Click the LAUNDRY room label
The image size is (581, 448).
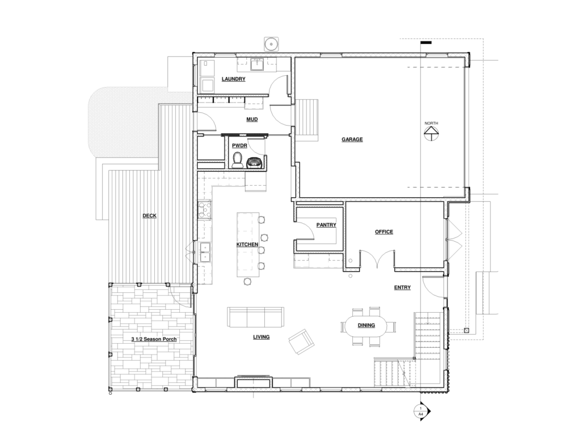point(233,79)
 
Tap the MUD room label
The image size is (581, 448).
point(252,119)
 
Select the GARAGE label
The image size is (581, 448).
point(352,139)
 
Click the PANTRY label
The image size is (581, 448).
point(326,225)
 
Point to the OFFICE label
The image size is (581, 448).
point(384,232)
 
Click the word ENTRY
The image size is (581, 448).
point(402,288)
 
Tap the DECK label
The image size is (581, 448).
point(149,216)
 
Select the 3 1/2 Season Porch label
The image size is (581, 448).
point(154,339)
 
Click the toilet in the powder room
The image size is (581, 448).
point(237,160)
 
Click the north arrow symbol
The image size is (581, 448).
point(431,134)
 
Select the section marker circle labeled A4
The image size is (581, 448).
point(421,411)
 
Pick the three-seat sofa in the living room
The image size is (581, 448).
point(256,317)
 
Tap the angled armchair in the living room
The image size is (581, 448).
point(302,342)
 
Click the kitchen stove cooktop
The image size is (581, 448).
point(204,210)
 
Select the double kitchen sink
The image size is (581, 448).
point(204,252)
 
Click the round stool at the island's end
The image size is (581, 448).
point(247,282)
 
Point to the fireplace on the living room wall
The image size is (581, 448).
point(254,382)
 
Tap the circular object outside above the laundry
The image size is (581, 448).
point(272,44)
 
